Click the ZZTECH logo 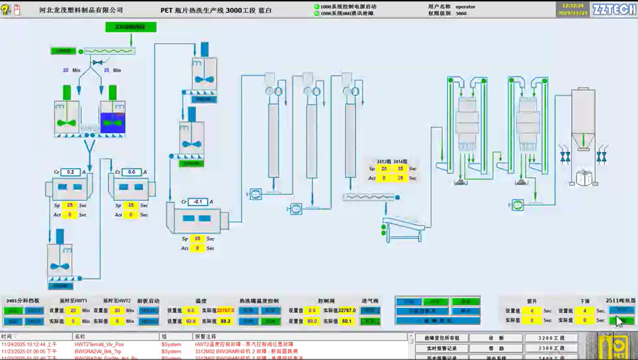(614, 9)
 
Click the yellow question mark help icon (5, 9)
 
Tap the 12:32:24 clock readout (572, 6)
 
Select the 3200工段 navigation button (551, 338)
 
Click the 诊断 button (496, 338)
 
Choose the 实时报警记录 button (441, 348)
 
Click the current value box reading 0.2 (70, 172)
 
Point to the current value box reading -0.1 (198, 202)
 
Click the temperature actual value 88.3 (225, 321)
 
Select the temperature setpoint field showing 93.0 (191, 321)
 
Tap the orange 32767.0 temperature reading (225, 311)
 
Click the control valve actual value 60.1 (347, 321)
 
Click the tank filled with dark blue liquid (112, 123)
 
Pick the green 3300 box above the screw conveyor (131, 27)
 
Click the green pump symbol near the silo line (518, 205)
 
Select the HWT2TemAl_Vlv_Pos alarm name (99, 345)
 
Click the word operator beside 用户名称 (465, 7)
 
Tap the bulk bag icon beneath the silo (584, 178)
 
